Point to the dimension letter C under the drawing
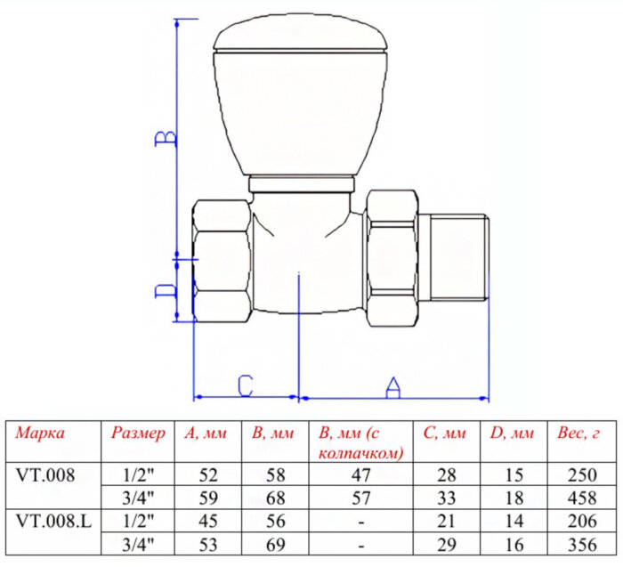point(246,386)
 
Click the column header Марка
point(40,434)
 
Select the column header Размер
point(138,434)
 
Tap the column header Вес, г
point(578,434)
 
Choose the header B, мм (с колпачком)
point(360,442)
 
